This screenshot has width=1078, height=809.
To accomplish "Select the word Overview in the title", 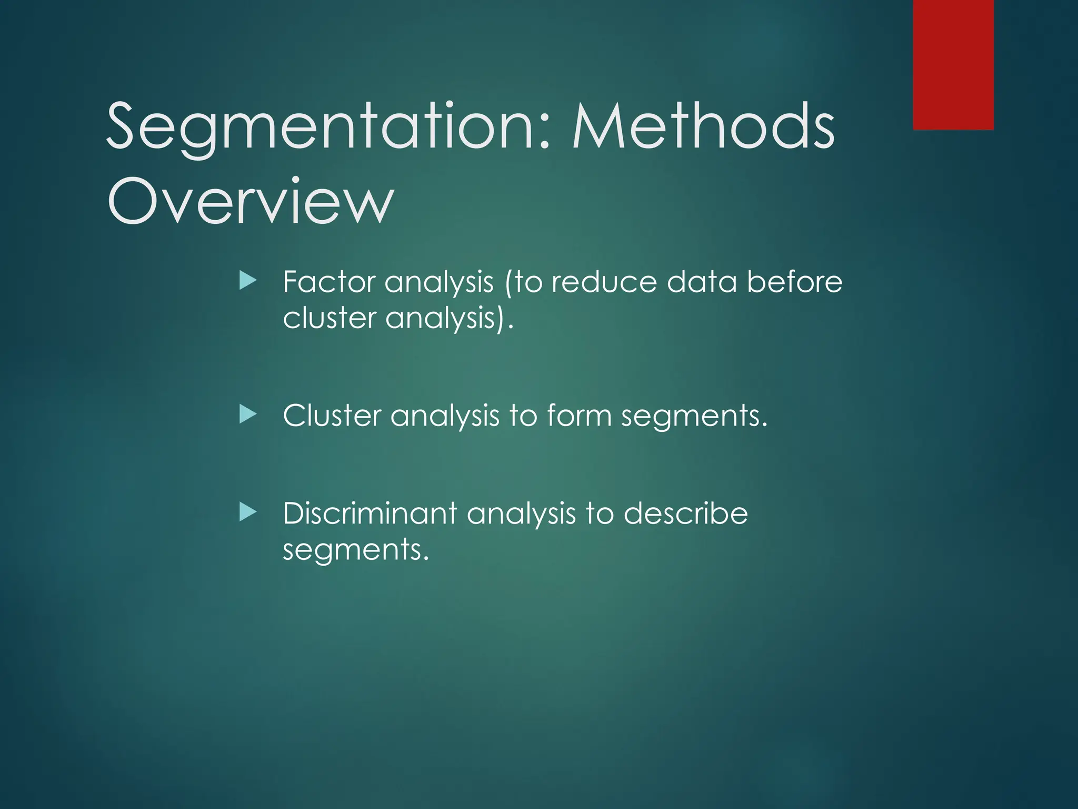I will pyautogui.click(x=251, y=201).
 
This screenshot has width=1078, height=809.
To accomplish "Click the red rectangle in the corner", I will pyautogui.click(x=953, y=65).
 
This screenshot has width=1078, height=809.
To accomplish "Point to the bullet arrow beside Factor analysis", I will pyautogui.click(x=247, y=281).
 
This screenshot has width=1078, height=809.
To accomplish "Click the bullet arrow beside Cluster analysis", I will pyautogui.click(x=247, y=415).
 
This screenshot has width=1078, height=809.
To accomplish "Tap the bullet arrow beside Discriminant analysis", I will pyautogui.click(x=247, y=512).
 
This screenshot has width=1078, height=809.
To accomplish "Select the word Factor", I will pyautogui.click(x=328, y=282).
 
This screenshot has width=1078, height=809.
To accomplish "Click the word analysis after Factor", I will pyautogui.click(x=439, y=283).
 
